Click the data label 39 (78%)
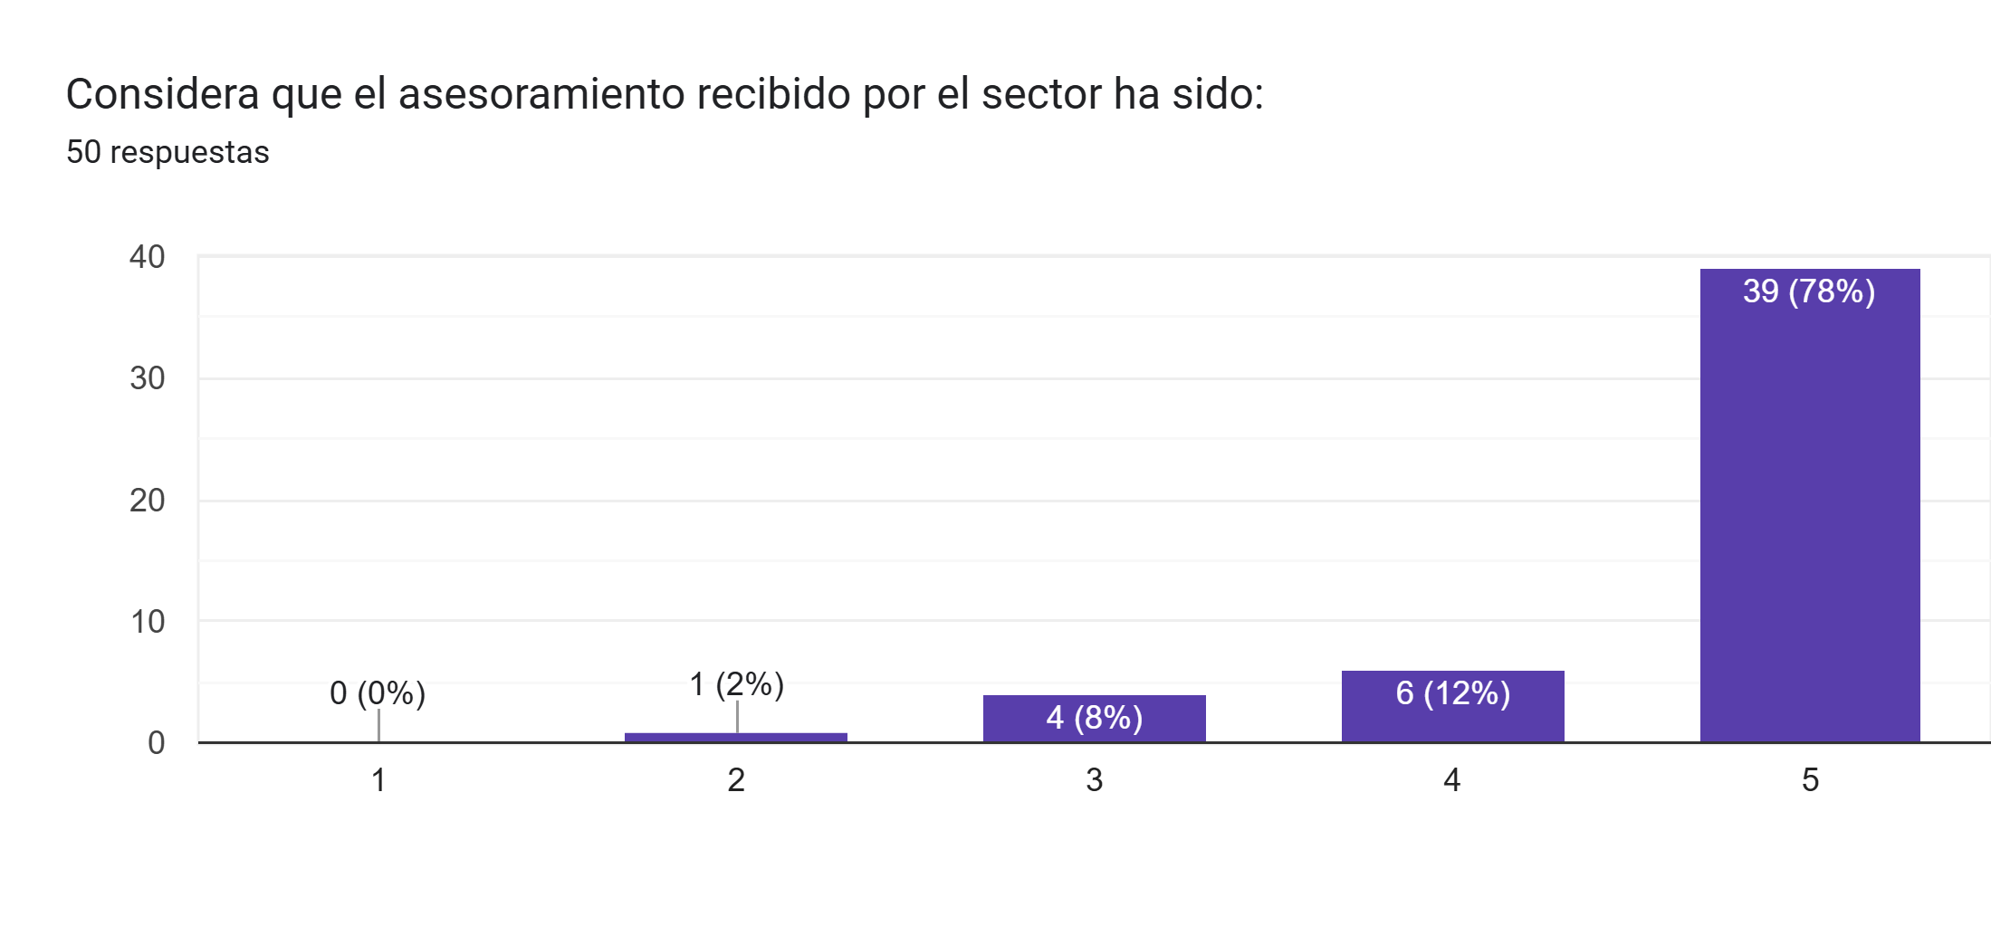coord(1808,291)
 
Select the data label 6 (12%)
coord(1452,693)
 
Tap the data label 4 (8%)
coord(1094,718)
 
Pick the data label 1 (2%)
coord(736,684)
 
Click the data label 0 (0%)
coord(378,693)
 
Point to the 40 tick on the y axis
coord(148,257)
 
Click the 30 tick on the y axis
coord(148,378)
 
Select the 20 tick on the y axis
coord(148,501)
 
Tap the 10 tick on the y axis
coord(148,622)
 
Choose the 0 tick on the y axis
coord(157,743)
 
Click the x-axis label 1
coord(378,780)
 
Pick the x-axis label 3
coord(1094,780)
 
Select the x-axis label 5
coord(1810,780)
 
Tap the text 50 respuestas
coord(168,152)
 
